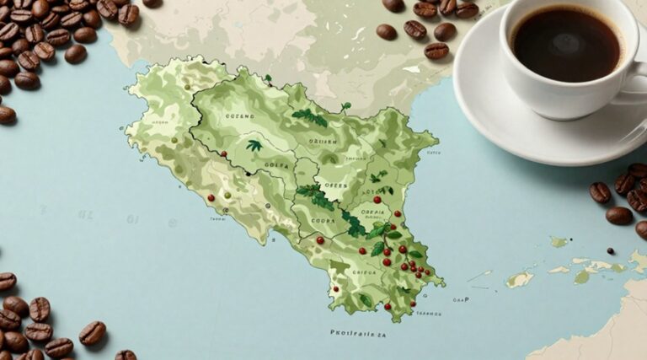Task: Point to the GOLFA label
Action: tap(275, 165)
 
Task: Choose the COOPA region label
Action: tap(324, 222)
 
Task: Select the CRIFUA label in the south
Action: tap(364, 272)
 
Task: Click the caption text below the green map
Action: tap(358, 334)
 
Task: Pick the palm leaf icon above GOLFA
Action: tap(254, 146)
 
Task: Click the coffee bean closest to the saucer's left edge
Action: tap(436, 51)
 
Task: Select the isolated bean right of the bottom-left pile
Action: tap(92, 332)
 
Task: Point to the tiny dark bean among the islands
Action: tap(610, 250)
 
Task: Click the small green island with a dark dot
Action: tap(519, 279)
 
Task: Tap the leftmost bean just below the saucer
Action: tap(600, 192)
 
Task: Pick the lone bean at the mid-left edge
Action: tap(6, 115)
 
